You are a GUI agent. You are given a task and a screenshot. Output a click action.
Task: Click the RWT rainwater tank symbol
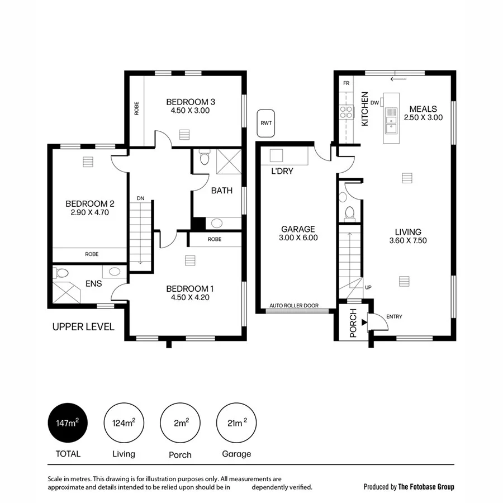click(266, 124)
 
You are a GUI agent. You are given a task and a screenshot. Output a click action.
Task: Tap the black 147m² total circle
click(68, 423)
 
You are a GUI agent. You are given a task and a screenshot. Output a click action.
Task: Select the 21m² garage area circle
click(235, 423)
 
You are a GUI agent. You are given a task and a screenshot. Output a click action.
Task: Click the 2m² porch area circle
click(180, 423)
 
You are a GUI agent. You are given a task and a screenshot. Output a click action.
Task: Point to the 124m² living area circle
click(124, 423)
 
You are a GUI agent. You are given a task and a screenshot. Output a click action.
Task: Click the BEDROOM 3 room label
click(191, 102)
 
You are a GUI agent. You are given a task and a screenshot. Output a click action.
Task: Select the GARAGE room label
click(298, 229)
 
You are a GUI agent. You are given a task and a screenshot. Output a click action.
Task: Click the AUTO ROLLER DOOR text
click(294, 306)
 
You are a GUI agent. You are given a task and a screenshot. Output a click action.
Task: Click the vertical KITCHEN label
click(364, 109)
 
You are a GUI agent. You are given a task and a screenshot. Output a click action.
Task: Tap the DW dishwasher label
click(374, 103)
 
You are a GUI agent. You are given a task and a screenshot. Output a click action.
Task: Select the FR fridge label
click(346, 83)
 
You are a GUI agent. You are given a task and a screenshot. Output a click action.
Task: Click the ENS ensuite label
click(93, 283)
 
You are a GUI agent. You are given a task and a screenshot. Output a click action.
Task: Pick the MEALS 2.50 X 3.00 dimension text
click(423, 117)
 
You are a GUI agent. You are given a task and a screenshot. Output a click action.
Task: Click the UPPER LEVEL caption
click(83, 327)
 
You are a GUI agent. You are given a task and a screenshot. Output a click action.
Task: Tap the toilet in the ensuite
click(61, 273)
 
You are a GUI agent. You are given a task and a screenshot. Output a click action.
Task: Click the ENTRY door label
click(394, 317)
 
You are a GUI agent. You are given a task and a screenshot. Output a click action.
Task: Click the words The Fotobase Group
click(426, 487)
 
